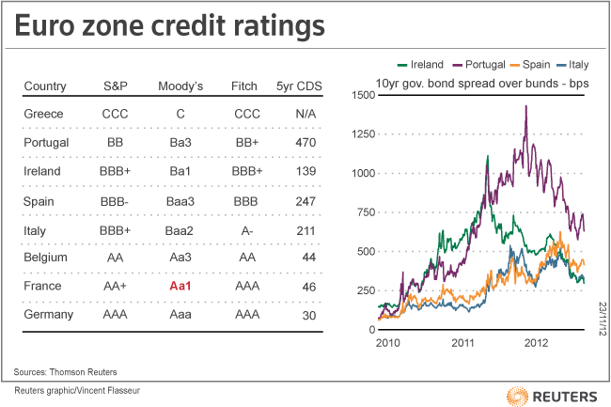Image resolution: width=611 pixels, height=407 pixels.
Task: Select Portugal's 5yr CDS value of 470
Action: (x=303, y=144)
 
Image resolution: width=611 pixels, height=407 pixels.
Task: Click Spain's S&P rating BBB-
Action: (x=116, y=200)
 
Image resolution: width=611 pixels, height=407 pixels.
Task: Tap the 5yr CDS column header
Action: (x=302, y=86)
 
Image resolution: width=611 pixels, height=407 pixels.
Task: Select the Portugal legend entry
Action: (x=484, y=65)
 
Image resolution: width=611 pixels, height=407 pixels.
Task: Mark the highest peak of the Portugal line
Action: (x=525, y=106)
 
